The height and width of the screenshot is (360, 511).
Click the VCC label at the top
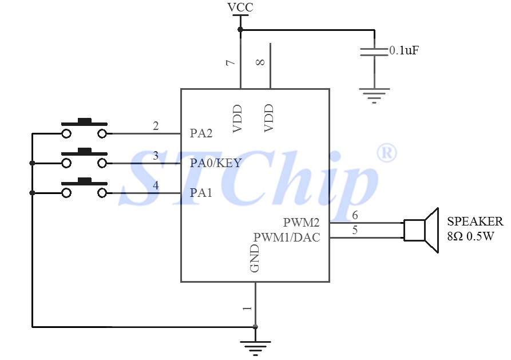click(x=240, y=7)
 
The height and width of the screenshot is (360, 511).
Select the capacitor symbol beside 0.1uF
click(x=374, y=52)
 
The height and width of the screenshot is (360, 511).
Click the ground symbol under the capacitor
click(x=374, y=95)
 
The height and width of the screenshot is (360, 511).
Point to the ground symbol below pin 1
click(x=255, y=346)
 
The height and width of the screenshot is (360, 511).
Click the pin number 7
click(x=231, y=63)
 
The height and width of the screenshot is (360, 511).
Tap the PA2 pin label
click(x=201, y=134)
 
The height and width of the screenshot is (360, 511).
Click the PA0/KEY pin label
click(x=215, y=163)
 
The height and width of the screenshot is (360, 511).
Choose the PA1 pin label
click(x=201, y=193)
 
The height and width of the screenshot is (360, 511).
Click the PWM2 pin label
click(x=301, y=221)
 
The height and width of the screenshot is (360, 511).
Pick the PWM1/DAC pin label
click(x=287, y=236)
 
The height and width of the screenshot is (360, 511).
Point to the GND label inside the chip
click(x=255, y=258)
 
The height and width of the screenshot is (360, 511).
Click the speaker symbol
click(x=421, y=230)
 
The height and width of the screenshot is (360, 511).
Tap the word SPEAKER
click(x=475, y=221)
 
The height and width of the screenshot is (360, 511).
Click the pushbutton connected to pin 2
click(x=85, y=129)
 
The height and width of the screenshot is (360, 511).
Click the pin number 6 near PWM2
click(x=355, y=215)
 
